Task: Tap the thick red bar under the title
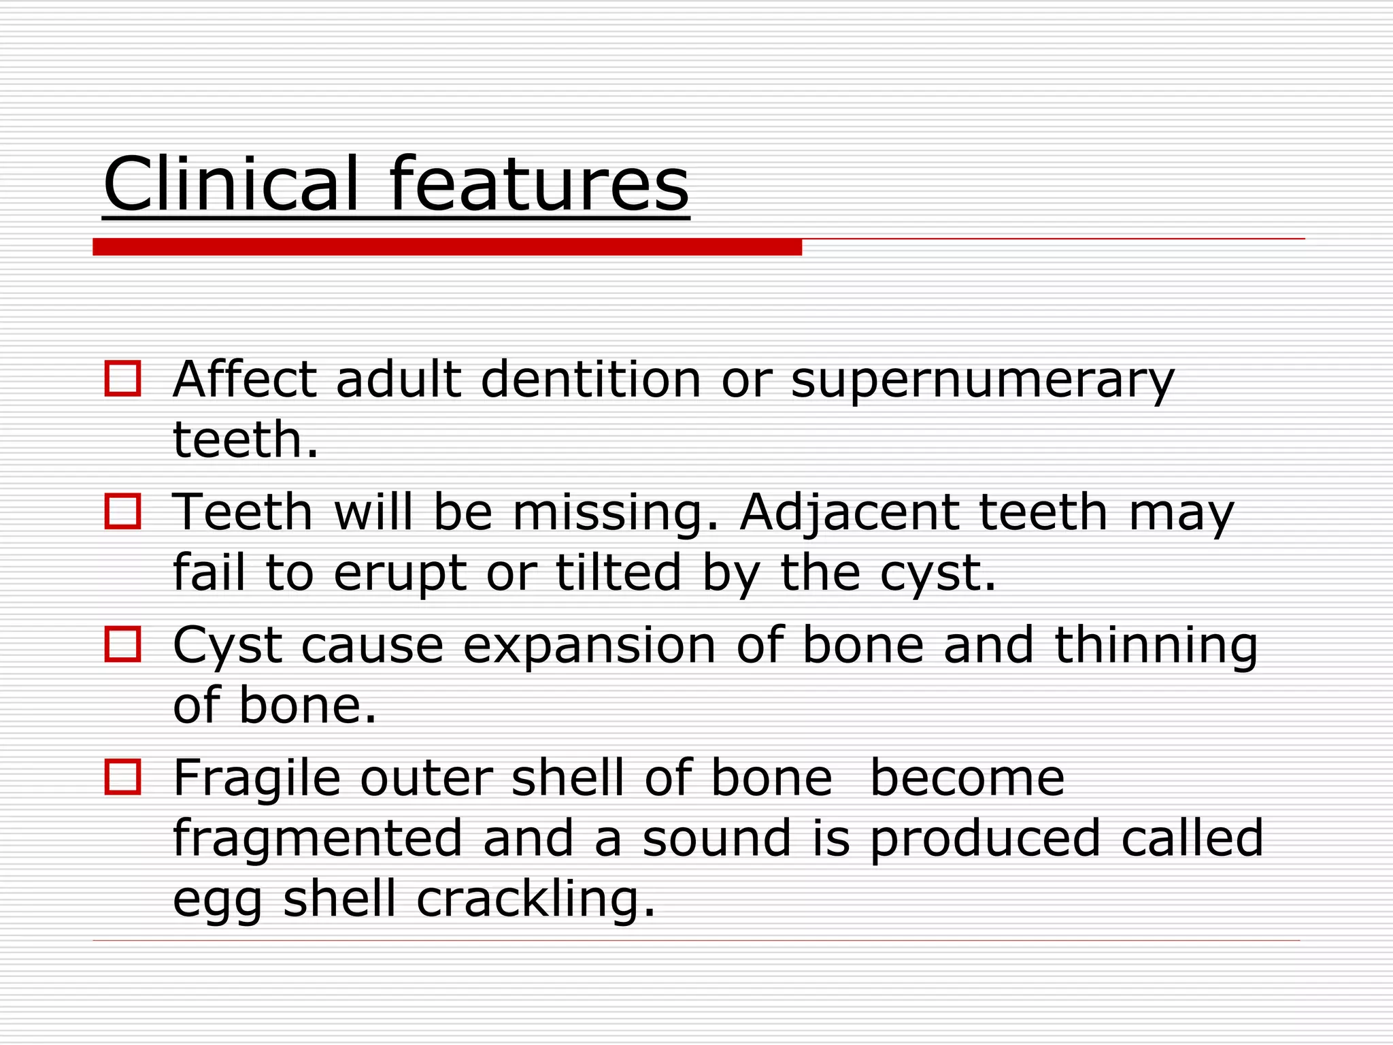pos(447,247)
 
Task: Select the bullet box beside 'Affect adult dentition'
pos(122,379)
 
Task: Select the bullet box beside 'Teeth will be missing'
pos(122,512)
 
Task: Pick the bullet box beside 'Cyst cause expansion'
pos(122,644)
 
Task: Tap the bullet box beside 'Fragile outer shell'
pos(122,777)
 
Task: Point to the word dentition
pos(590,379)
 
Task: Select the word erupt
pos(400,574)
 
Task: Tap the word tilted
pos(618,572)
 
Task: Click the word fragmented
pos(318,839)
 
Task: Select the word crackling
pos(535,899)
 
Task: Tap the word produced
pos(985,839)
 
